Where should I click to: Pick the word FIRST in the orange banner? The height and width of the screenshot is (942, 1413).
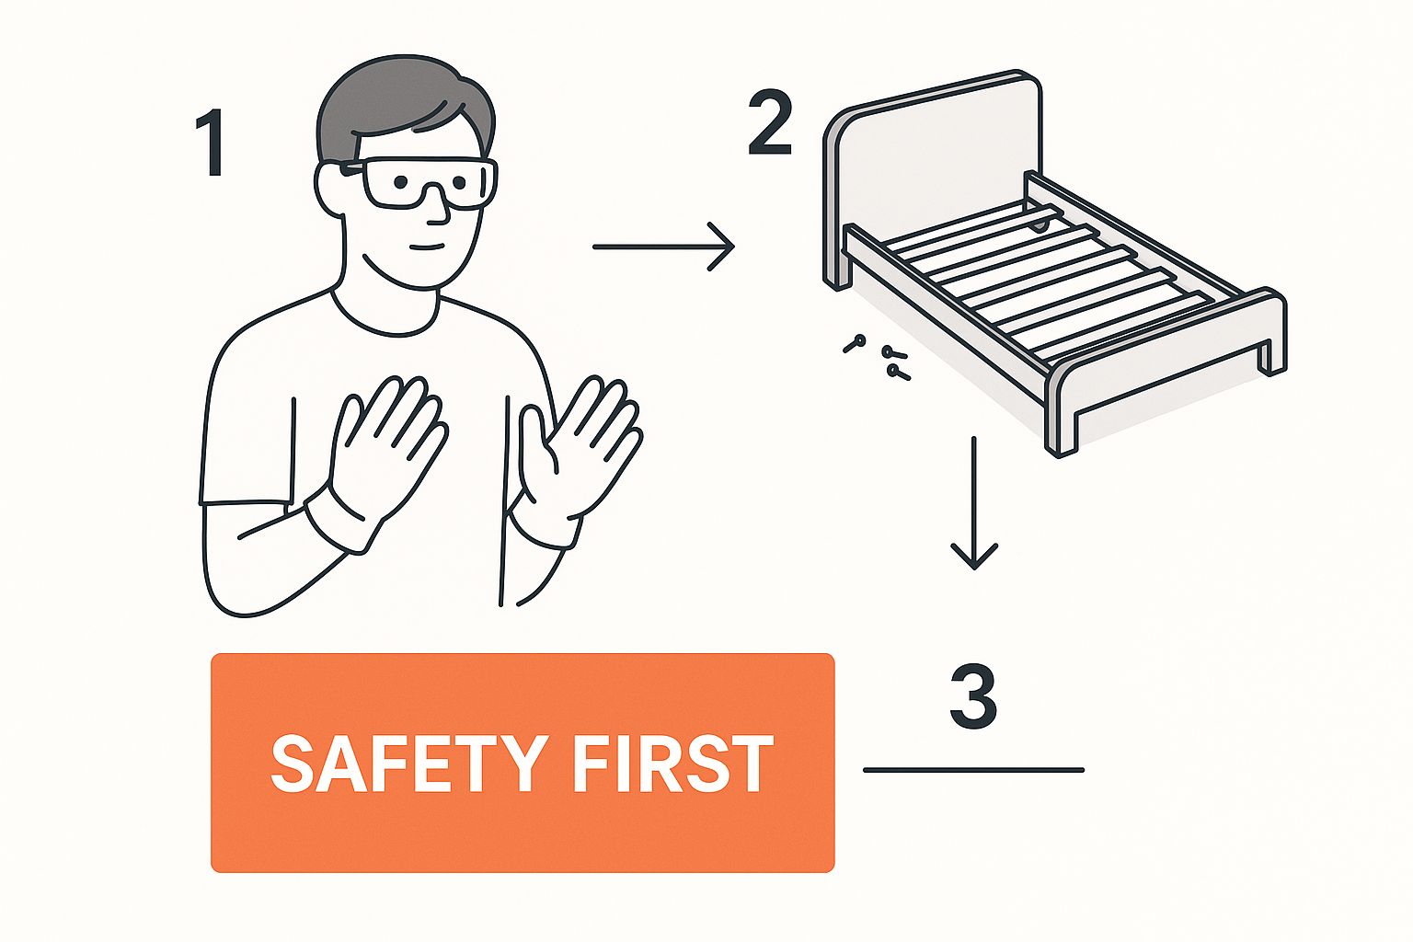672,764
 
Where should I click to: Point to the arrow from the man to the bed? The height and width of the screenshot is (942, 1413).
664,247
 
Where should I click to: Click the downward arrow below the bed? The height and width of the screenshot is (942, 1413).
974,503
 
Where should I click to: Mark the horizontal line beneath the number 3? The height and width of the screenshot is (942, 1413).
973,770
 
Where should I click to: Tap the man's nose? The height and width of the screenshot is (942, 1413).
437,208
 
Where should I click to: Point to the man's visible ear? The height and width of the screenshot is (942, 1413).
328,190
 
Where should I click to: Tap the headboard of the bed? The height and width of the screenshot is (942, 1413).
934,170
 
